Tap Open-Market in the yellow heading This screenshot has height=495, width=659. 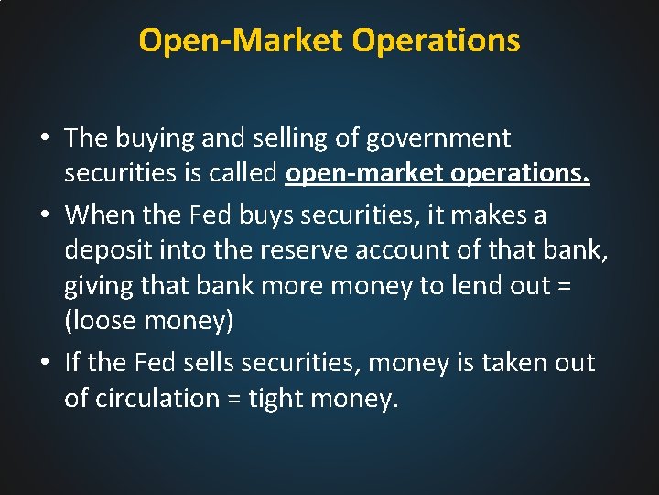coord(241,40)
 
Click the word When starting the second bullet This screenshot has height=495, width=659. coord(97,214)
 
